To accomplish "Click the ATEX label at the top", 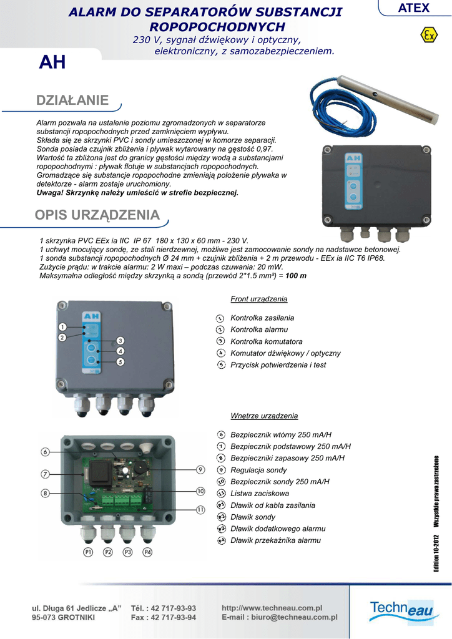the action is pyautogui.click(x=414, y=8).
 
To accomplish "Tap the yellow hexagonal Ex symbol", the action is pyautogui.click(x=428, y=35).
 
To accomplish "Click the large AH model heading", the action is pyautogui.click(x=52, y=62).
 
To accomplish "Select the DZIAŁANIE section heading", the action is pyautogui.click(x=72, y=100).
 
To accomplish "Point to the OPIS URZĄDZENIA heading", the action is pyautogui.click(x=97, y=215).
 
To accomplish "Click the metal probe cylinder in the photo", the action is pyautogui.click(x=386, y=97).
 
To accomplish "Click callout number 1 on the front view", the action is pyautogui.click(x=62, y=326).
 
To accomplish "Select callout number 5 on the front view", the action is pyautogui.click(x=120, y=361).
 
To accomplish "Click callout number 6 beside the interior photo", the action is pyautogui.click(x=46, y=452).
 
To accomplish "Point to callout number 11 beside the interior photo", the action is pyautogui.click(x=200, y=510).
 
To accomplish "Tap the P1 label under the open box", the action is pyautogui.click(x=88, y=552).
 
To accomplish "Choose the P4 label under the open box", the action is pyautogui.click(x=147, y=552).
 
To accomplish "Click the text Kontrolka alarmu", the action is pyautogui.click(x=259, y=329).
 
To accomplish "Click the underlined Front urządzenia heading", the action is pyautogui.click(x=258, y=299).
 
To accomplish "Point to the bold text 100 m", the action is pyautogui.click(x=296, y=275).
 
